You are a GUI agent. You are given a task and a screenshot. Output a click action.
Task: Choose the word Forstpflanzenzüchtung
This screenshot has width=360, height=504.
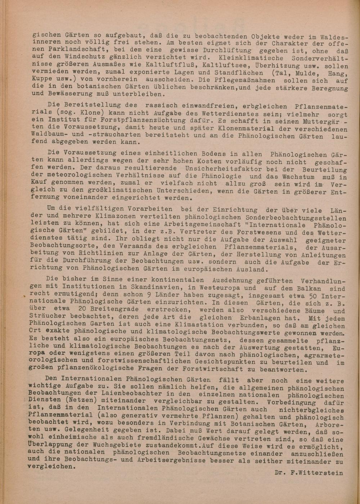point(146,121)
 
